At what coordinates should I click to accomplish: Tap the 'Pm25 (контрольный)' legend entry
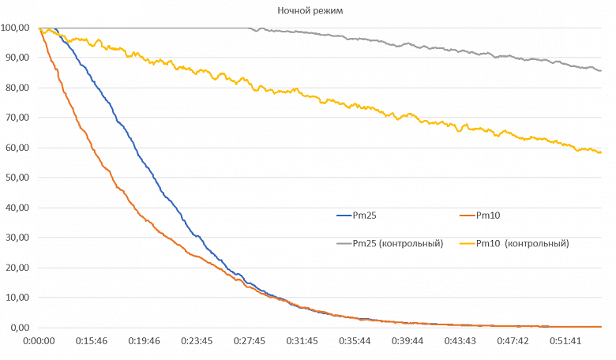(x=397, y=243)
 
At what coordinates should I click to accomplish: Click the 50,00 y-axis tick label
(x=18, y=178)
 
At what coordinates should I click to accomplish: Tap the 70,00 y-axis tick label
(x=18, y=118)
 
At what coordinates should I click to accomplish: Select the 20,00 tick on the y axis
(x=18, y=268)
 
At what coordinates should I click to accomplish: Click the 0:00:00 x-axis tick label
(x=39, y=341)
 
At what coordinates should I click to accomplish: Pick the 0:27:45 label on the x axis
(x=250, y=341)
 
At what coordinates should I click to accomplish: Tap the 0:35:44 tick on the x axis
(x=355, y=341)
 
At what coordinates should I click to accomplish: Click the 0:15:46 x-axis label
(x=92, y=341)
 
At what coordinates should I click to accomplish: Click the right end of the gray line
(x=601, y=71)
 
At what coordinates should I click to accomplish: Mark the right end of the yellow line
(x=601, y=152)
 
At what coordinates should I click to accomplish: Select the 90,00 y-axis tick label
(x=18, y=58)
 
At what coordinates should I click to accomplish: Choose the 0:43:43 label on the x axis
(x=460, y=341)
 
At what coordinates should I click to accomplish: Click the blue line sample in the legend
(x=343, y=214)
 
